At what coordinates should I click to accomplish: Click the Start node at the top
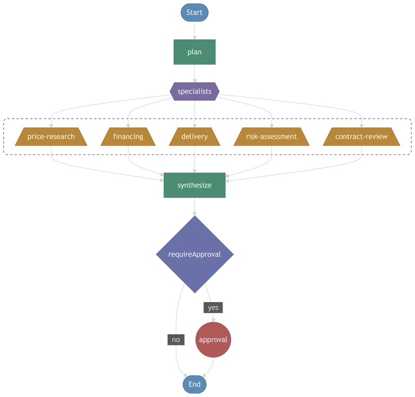[x=195, y=12]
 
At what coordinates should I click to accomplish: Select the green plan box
[x=195, y=52]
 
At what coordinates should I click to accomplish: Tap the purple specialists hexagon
[x=195, y=92]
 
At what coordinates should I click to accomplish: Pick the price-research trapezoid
[x=51, y=137]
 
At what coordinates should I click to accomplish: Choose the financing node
[x=128, y=137]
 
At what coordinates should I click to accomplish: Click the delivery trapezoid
[x=195, y=137]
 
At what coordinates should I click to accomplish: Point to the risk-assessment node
[x=272, y=137]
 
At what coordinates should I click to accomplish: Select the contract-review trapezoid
[x=362, y=137]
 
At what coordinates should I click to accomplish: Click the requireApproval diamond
[x=195, y=254]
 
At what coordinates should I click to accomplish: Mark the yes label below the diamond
[x=213, y=307]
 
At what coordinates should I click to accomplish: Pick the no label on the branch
[x=176, y=339]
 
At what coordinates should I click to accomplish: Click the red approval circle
[x=213, y=341]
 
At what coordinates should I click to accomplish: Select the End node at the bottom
[x=195, y=384]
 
